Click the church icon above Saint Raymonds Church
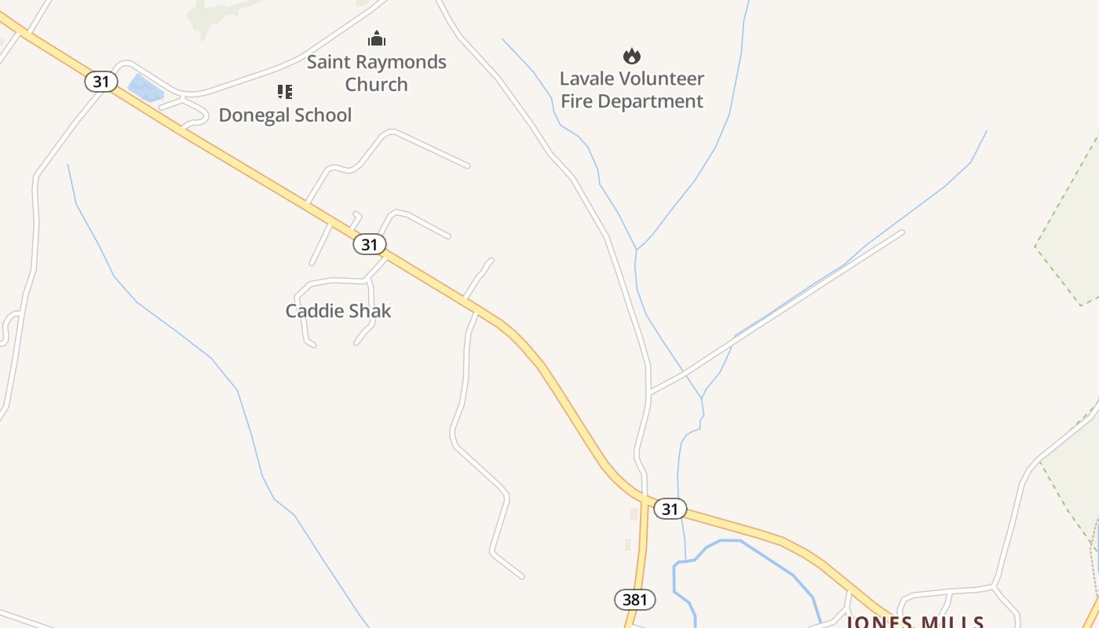[x=377, y=38]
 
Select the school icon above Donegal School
[x=285, y=92]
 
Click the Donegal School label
[x=285, y=115]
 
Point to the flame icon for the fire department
[x=632, y=56]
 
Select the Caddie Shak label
[x=338, y=311]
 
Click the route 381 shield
[x=634, y=601]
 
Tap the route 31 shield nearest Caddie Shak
[x=369, y=244]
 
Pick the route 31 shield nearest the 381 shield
[x=670, y=509]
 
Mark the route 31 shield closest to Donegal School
[x=101, y=82]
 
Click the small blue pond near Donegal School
[x=145, y=87]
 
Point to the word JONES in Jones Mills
[x=878, y=623]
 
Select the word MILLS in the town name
[x=950, y=623]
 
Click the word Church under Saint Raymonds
[x=376, y=85]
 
